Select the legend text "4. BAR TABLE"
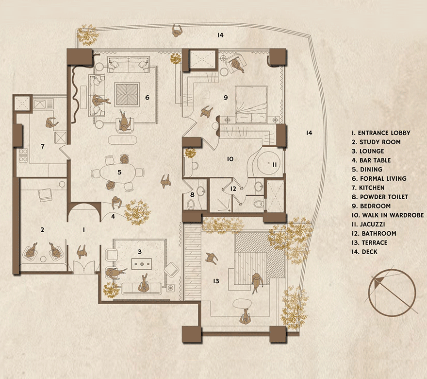[x=371, y=160]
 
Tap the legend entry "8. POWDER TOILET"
[x=380, y=197]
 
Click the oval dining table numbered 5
[x=118, y=173]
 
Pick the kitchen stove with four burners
[x=23, y=155]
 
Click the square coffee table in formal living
[x=127, y=94]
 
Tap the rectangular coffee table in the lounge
[x=142, y=264]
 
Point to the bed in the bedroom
[x=251, y=104]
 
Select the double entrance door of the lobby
[x=84, y=267]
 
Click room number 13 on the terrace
[x=216, y=281]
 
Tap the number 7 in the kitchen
[x=43, y=146]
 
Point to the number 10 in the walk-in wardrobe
[x=230, y=159]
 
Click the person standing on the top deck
[x=177, y=30]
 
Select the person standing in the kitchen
[x=51, y=123]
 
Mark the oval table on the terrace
[x=242, y=303]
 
